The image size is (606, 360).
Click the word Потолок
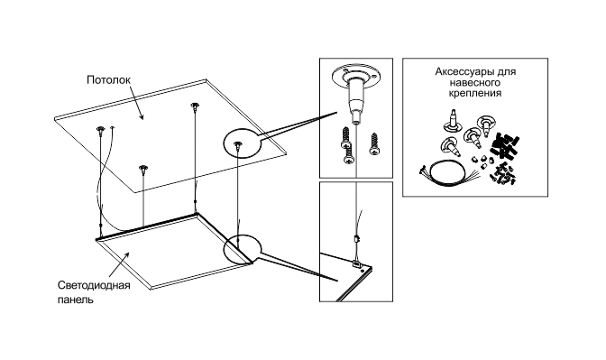[108, 80]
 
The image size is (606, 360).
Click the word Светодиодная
[94, 285]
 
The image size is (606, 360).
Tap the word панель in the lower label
[76, 300]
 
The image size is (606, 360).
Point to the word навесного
[475, 83]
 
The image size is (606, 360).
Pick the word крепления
[475, 94]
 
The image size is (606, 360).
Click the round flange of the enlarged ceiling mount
[355, 75]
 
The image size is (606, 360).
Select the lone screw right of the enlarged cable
[374, 144]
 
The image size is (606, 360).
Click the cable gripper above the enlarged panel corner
[356, 239]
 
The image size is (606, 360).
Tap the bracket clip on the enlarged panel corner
[356, 264]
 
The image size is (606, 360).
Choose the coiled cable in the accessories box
[449, 173]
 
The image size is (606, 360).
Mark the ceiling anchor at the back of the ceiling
[194, 106]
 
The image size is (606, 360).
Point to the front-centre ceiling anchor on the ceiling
[143, 170]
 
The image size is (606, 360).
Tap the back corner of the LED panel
[197, 213]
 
